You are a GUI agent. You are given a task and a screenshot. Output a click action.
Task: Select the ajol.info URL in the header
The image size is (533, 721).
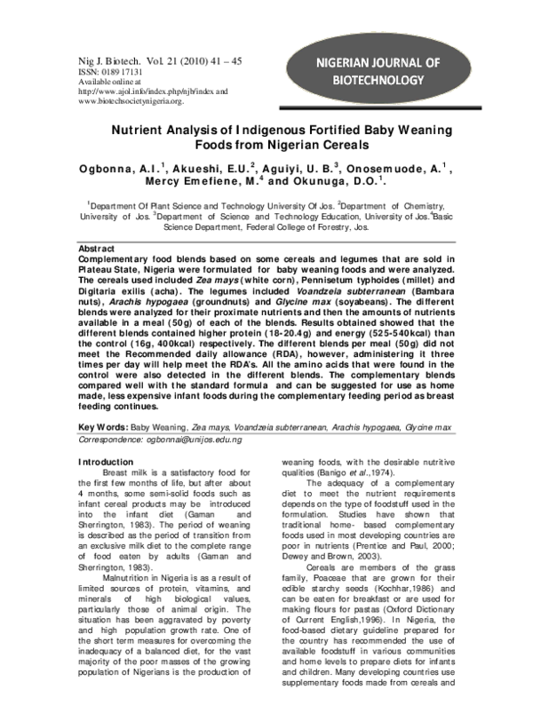point(147,91)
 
